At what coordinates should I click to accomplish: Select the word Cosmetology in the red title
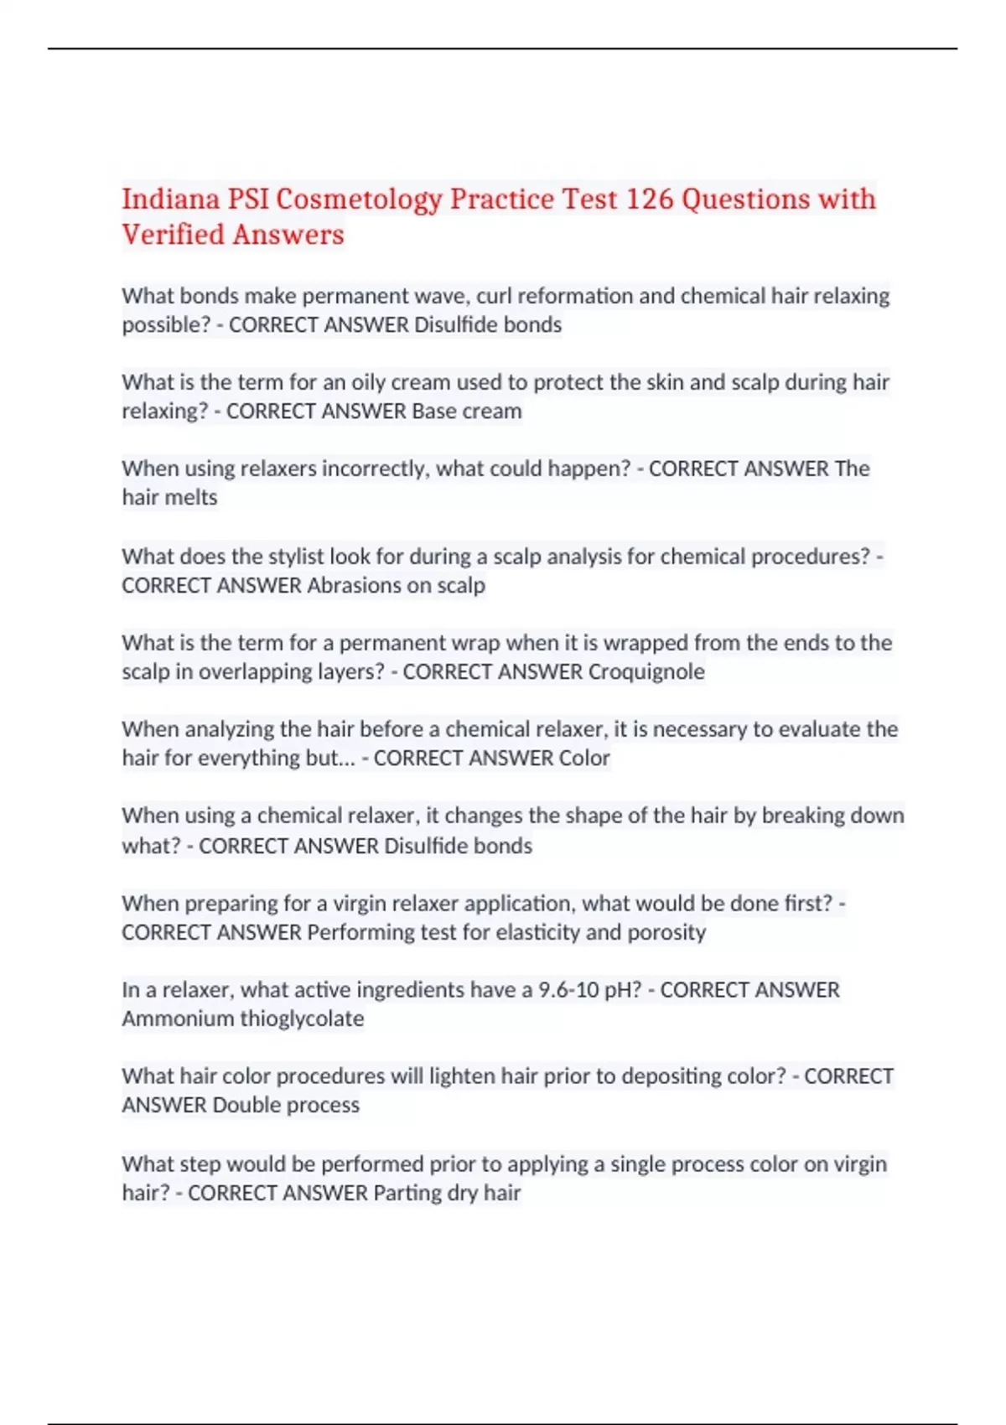pos(359,199)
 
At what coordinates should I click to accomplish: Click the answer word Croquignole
pos(646,671)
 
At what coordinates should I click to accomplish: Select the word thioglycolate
pos(302,1018)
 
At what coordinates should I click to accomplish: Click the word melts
pos(194,497)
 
